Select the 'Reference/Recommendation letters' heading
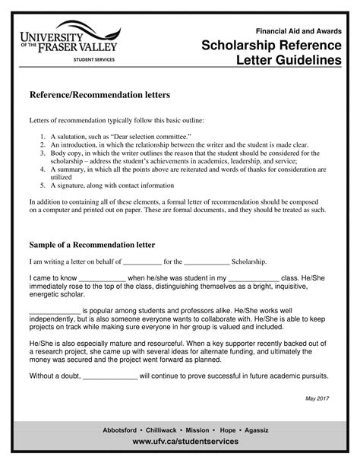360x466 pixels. [99, 95]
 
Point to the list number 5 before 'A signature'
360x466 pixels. [43, 185]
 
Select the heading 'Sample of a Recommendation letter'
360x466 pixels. [92, 245]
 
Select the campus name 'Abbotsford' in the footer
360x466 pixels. [125, 430]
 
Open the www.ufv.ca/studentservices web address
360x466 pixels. [185, 442]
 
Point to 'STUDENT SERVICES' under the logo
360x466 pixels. [93, 59]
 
